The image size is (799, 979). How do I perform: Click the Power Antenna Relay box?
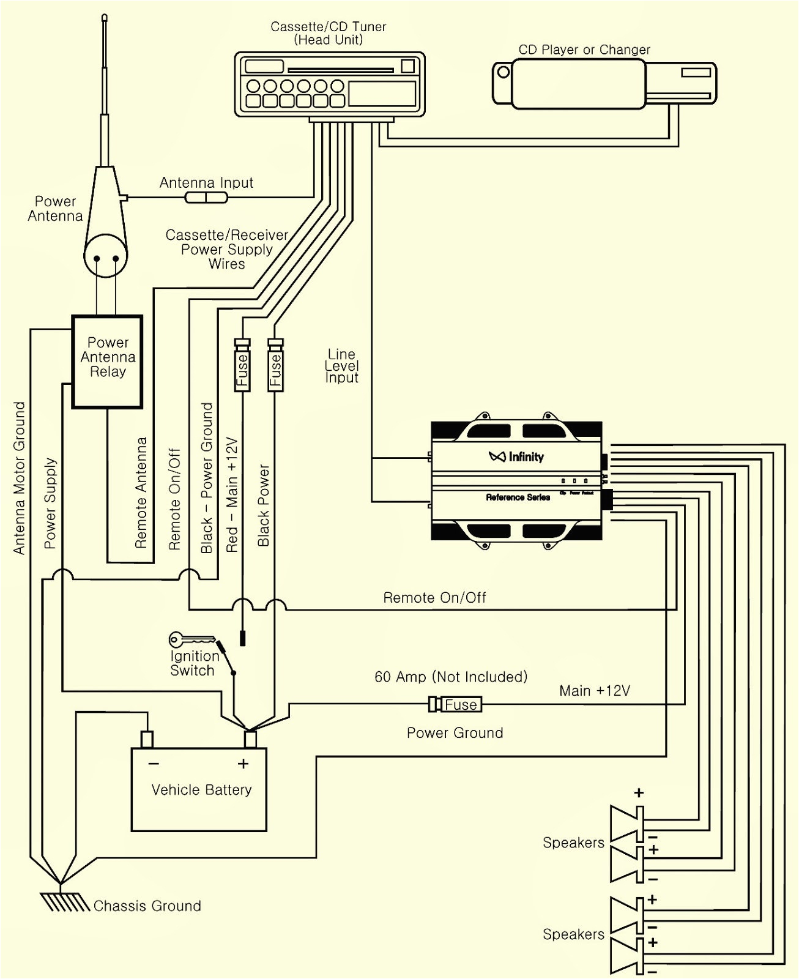point(108,361)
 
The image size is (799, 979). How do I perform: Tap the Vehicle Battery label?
point(201,790)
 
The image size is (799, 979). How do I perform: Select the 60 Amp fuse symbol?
point(456,704)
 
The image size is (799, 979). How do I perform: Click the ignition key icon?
point(191,641)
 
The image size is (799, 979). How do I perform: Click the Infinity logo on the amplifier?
point(516,456)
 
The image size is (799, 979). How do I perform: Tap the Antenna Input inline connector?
point(206,197)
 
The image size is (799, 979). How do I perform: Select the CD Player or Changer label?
point(584,50)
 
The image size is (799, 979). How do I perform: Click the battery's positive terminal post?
point(250,739)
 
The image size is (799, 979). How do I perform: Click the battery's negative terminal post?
point(147,739)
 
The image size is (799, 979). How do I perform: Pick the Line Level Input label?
point(341,366)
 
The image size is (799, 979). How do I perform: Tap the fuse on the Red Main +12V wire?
point(242,367)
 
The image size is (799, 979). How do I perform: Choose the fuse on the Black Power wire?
point(275,367)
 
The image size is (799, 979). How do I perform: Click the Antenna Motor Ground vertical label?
point(20,478)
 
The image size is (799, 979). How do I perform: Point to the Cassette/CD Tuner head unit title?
point(329,33)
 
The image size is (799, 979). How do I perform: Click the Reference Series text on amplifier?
point(518,497)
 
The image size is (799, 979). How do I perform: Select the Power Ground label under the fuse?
point(455,733)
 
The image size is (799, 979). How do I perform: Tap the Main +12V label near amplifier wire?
point(594,691)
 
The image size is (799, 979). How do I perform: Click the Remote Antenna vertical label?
point(141,492)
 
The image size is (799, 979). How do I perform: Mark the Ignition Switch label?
point(193,663)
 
